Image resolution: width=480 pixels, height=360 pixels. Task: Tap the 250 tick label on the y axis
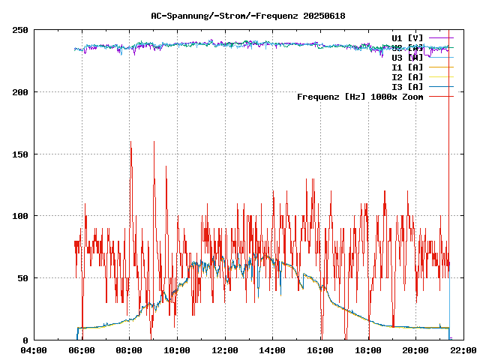click(x=20, y=30)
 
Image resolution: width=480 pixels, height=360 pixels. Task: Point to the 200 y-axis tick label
click(x=20, y=92)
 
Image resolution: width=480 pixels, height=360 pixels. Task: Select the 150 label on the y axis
click(x=20, y=154)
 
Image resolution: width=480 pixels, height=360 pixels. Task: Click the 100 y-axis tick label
click(x=20, y=216)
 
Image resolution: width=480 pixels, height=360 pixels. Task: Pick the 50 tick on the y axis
click(x=22, y=278)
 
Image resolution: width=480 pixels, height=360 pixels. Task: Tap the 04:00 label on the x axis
click(x=34, y=350)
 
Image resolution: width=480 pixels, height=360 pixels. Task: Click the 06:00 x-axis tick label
click(x=82, y=350)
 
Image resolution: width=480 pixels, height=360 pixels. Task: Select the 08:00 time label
click(x=129, y=350)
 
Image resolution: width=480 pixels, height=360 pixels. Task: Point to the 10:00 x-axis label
click(x=177, y=350)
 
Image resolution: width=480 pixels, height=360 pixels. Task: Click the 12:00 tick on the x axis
click(x=225, y=350)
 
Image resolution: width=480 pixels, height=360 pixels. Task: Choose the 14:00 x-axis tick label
click(x=272, y=350)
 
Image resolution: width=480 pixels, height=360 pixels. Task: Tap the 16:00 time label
click(x=320, y=350)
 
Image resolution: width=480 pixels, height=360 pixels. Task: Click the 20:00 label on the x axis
click(x=415, y=350)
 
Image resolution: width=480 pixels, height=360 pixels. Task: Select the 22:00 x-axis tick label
click(x=463, y=350)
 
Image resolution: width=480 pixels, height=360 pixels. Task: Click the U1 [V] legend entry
click(x=407, y=37)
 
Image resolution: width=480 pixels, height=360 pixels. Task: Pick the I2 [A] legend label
click(x=407, y=76)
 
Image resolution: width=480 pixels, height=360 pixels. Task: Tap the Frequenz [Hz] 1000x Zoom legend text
click(x=360, y=97)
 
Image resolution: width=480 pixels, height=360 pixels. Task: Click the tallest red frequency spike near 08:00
click(x=130, y=142)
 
